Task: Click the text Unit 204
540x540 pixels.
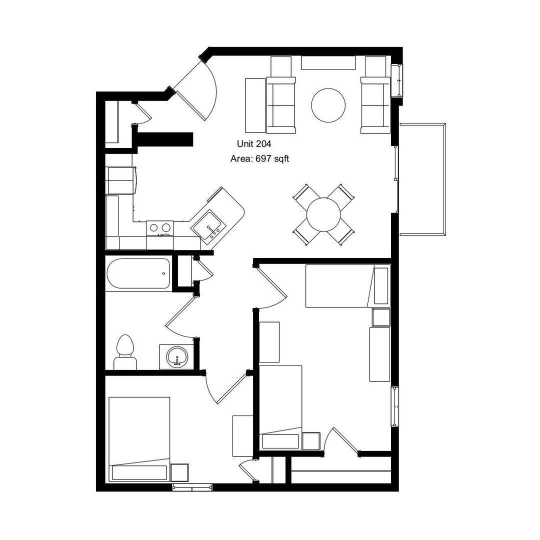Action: [254, 143]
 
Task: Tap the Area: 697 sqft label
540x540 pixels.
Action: [259, 159]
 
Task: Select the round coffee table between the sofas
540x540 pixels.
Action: [328, 105]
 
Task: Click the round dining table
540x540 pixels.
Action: [323, 214]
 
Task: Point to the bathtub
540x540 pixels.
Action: [138, 273]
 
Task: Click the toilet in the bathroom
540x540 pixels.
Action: [125, 352]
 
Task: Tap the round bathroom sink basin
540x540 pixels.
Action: [177, 357]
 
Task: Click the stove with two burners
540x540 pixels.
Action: [160, 228]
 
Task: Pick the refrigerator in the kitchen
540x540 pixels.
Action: [121, 180]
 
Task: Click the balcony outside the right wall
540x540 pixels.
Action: [422, 179]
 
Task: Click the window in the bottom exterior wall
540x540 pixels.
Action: [192, 487]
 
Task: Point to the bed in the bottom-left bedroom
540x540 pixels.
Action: [139, 439]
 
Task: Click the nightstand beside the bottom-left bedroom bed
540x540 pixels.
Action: [180, 472]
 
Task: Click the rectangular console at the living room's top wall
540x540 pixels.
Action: [328, 62]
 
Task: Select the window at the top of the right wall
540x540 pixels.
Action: [397, 81]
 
